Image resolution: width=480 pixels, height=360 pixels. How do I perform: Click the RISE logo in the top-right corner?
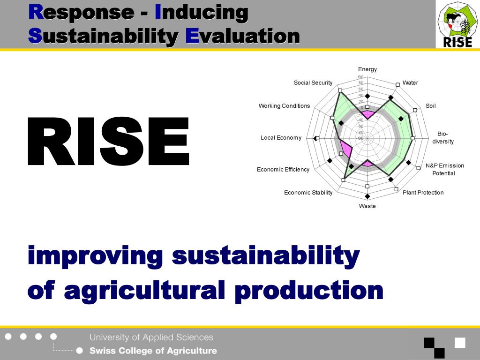coord(457,24)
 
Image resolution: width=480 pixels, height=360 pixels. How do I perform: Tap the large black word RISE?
coord(108,142)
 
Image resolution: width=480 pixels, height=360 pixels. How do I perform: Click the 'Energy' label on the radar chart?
coord(367,69)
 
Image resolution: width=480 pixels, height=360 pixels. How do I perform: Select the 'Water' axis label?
coord(410,83)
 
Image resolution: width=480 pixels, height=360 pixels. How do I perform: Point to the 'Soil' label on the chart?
coord(430,106)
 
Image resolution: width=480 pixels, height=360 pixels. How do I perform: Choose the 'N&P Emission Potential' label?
coord(444,169)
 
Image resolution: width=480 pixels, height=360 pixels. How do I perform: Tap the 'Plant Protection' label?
coord(423,193)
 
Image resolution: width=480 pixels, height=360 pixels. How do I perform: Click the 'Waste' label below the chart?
coord(367,206)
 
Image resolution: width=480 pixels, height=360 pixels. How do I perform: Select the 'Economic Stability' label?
coord(308,193)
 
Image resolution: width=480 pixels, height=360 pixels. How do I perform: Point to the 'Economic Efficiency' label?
coord(283,169)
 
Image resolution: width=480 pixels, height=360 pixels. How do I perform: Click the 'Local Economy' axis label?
coord(281,138)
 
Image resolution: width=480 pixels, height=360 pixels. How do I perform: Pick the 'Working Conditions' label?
coord(284,106)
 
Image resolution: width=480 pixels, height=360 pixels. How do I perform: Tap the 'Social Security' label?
coord(313,83)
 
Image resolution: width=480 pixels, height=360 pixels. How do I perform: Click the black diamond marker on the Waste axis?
coord(367,196)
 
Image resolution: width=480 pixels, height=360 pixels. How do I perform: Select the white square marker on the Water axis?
coord(397,84)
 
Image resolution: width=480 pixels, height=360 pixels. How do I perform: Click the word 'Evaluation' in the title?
coord(242,36)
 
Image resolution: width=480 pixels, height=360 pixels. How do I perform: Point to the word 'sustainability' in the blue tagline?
coord(266,256)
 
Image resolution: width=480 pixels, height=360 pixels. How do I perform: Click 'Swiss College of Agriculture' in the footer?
coord(153,351)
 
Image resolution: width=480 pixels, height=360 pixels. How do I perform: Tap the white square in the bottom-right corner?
coord(460,343)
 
